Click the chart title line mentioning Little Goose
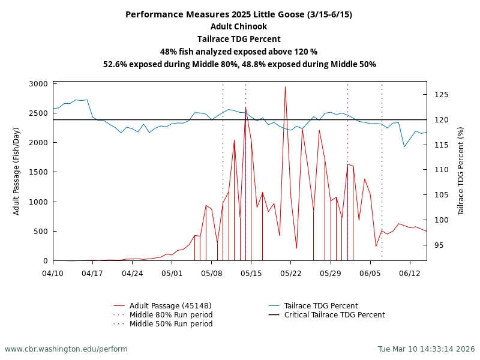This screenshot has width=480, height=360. (239, 14)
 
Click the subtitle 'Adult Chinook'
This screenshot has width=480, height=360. (239, 26)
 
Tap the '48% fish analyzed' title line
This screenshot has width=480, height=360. (239, 52)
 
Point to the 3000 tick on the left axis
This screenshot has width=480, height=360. (38, 84)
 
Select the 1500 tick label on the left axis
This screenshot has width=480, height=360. (38, 172)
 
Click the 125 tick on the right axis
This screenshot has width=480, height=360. (442, 95)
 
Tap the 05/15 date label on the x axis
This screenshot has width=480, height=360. (251, 273)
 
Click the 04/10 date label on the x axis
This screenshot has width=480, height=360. (53, 273)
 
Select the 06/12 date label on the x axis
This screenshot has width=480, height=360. (410, 273)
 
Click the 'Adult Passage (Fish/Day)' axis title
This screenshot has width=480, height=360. (17, 171)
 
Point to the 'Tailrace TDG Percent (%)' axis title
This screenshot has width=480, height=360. (461, 171)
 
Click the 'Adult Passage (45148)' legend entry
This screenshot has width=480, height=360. (170, 306)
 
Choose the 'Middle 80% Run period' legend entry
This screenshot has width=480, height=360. (171, 315)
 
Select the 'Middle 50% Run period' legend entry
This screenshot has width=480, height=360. (171, 324)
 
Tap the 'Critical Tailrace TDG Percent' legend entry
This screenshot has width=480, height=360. (334, 315)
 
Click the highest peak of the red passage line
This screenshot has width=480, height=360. (285, 87)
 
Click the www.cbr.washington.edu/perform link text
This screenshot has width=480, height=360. (66, 349)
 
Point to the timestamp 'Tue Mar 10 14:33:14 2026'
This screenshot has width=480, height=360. (426, 349)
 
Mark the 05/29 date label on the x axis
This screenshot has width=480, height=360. (331, 273)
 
